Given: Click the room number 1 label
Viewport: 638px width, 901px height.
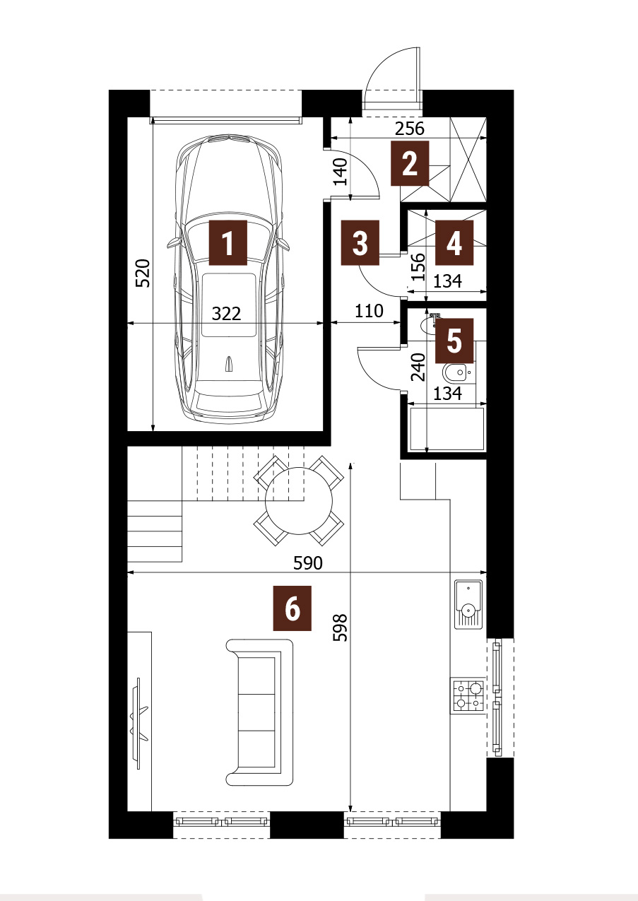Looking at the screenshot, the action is coord(228,242).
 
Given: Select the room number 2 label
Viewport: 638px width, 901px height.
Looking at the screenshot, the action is coord(410,163).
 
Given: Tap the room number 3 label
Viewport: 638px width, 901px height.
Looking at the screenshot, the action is coord(360,242).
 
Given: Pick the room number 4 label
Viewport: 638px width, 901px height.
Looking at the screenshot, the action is coord(454,242).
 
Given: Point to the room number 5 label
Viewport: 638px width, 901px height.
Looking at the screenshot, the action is coord(454,341).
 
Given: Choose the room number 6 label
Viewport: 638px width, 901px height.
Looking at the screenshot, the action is coord(292,608).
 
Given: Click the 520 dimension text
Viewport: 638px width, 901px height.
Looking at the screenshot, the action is coord(143,273).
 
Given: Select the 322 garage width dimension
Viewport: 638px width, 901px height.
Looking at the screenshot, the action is coord(226,313).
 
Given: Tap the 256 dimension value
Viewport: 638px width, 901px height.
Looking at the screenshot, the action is coord(410,129).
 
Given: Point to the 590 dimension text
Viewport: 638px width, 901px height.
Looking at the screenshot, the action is coord(308,563).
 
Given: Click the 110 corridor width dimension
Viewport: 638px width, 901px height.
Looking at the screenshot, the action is coord(369,311).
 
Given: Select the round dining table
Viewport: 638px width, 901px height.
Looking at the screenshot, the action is coord(299,501).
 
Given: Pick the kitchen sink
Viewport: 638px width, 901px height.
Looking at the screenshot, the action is coord(468,604).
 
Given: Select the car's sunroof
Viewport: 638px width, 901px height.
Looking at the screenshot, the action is coord(228,305).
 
